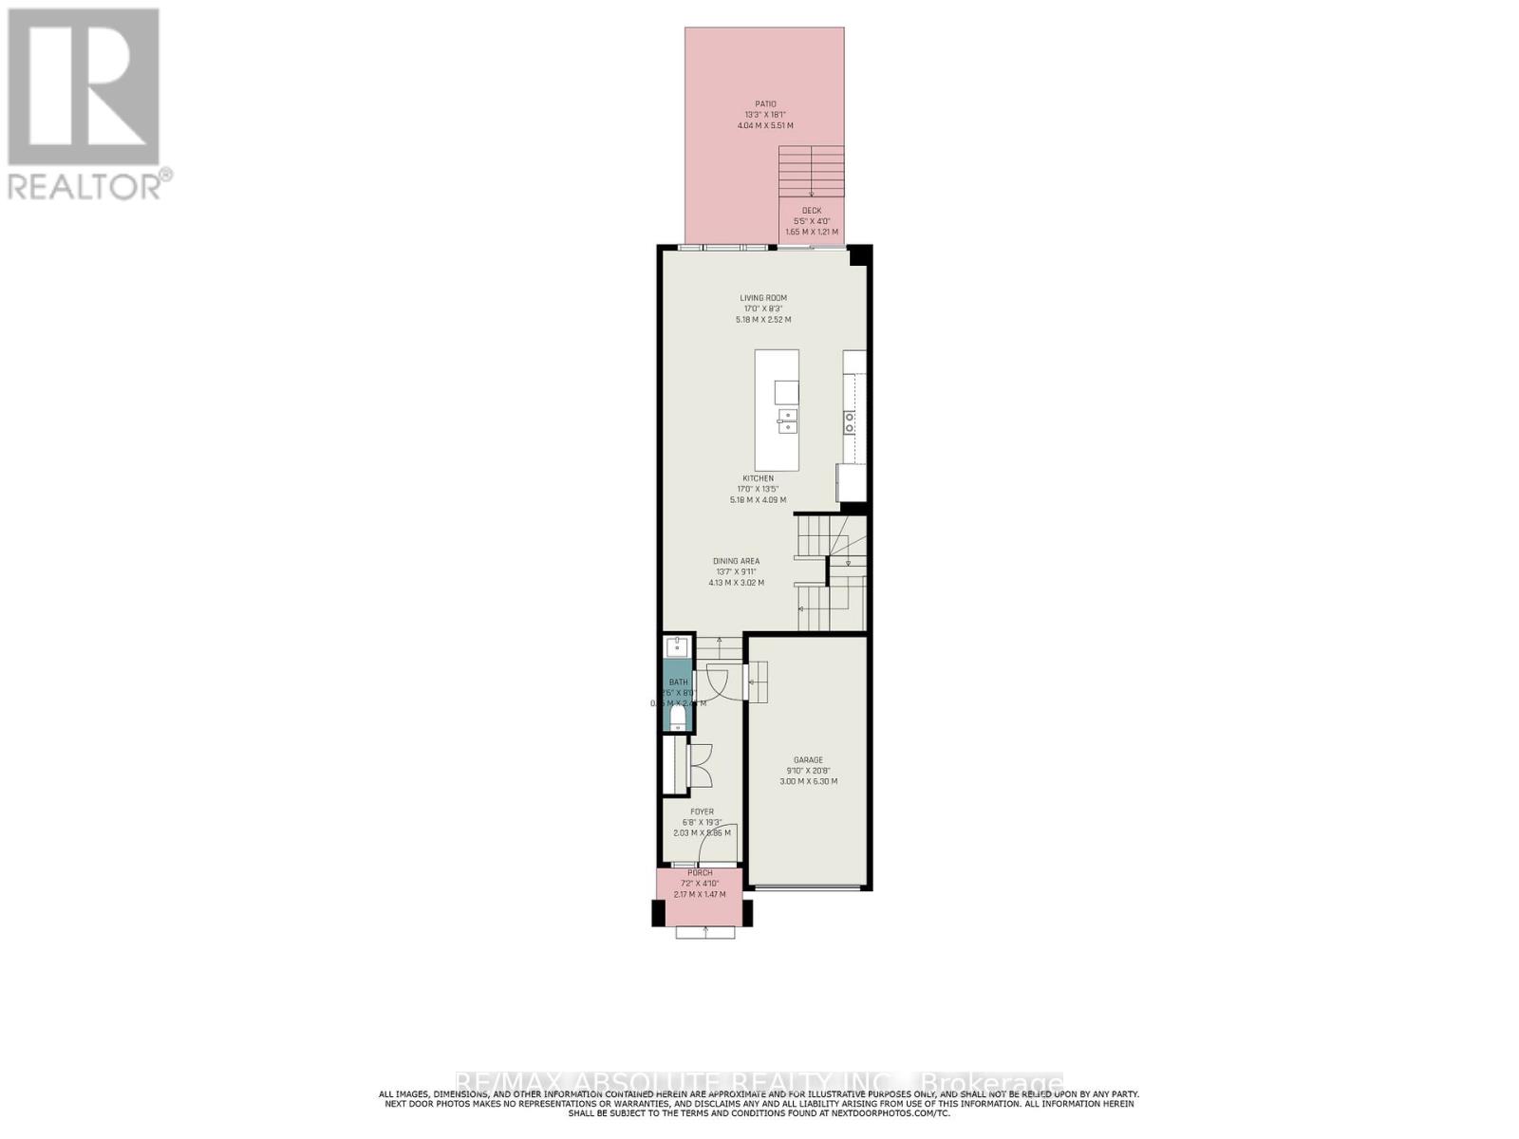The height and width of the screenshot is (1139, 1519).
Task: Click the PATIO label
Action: click(x=765, y=104)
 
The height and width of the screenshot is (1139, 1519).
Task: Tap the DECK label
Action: click(x=812, y=211)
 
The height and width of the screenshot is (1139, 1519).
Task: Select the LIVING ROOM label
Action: click(x=763, y=298)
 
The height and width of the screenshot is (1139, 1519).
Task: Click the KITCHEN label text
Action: click(x=758, y=478)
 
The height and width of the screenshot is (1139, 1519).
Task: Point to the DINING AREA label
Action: click(x=736, y=561)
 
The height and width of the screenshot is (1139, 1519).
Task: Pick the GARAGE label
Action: click(x=808, y=759)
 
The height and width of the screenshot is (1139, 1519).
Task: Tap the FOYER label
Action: click(x=702, y=812)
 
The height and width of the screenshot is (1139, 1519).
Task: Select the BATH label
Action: click(x=678, y=682)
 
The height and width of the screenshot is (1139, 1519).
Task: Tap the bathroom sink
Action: click(x=677, y=647)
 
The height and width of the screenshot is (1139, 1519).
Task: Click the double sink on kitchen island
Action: click(x=786, y=420)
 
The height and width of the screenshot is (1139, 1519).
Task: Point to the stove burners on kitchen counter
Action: click(x=850, y=422)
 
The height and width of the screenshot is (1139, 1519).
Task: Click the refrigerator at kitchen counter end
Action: click(x=850, y=482)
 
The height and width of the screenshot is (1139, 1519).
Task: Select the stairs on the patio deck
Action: click(x=811, y=171)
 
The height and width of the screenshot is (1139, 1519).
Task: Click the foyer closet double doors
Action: click(x=700, y=765)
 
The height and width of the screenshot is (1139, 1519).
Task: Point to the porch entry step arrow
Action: click(x=705, y=931)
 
